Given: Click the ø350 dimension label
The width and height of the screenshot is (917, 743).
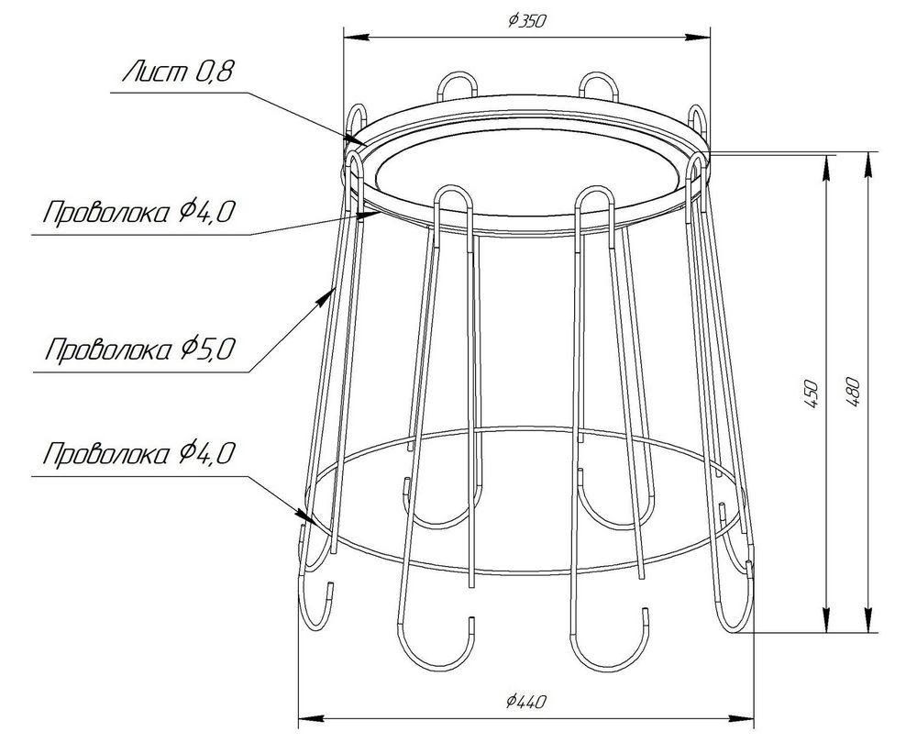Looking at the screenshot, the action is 527,21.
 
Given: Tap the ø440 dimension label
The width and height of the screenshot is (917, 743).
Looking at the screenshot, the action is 526,700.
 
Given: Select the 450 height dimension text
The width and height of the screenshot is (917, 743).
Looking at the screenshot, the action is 812,394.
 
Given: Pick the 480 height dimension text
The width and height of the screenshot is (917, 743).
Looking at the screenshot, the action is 853,394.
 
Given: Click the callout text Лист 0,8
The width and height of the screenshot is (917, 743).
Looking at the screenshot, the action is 178,72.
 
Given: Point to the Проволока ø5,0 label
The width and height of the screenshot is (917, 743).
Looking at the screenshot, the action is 140,349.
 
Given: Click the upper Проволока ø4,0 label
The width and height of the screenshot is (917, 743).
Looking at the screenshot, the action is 138,213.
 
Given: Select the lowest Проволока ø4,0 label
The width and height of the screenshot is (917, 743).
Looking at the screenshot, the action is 138,453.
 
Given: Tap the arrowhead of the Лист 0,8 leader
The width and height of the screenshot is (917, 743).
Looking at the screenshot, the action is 354,139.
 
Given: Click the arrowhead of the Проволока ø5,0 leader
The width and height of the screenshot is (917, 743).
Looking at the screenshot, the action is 324,298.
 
